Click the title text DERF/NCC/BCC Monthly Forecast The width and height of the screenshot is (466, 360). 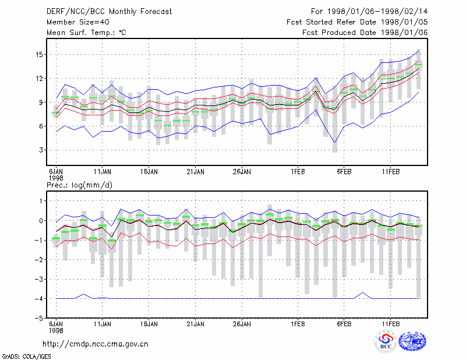click(109, 12)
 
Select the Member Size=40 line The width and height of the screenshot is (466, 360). click(78, 22)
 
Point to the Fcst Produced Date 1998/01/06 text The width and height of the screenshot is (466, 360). click(365, 33)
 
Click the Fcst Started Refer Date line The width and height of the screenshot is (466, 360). click(357, 22)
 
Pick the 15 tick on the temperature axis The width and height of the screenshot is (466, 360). click(39, 55)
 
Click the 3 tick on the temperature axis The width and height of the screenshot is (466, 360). click(41, 150)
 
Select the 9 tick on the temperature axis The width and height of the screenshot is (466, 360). click(41, 103)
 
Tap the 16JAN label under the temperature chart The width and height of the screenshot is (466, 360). click(149, 172)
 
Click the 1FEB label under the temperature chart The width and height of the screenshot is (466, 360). click(298, 172)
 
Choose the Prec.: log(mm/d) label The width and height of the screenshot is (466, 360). click(79, 185)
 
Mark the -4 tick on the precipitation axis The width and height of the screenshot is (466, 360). click(38, 298)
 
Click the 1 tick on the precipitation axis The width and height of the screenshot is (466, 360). click(41, 201)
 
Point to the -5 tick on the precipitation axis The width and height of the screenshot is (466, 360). click(38, 318)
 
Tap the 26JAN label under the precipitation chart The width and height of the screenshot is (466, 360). click(242, 324)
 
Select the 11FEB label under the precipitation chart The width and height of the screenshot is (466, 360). click(391, 324)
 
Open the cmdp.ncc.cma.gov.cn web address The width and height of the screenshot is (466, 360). click(96, 344)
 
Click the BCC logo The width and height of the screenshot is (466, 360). click(386, 341)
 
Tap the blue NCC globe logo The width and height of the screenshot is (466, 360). click(412, 341)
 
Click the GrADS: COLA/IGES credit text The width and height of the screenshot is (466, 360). click(26, 357)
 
